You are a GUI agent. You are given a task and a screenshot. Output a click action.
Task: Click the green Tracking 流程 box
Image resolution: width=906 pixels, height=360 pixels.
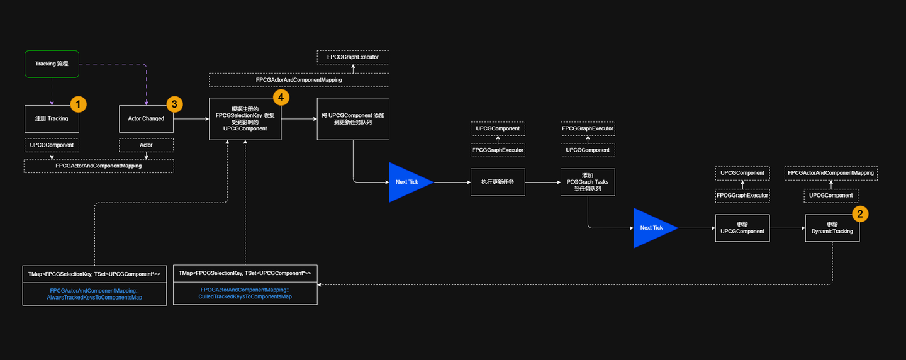point(52,64)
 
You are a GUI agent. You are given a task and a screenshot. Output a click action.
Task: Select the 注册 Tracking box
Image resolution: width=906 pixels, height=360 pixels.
point(52,118)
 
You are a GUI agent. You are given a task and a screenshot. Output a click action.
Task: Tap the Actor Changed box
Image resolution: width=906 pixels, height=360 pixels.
point(146,118)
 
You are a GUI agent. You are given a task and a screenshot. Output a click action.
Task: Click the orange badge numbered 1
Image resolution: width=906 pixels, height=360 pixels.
point(77,104)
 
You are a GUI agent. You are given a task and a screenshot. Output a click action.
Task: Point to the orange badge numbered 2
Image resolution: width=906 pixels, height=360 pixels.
point(860,214)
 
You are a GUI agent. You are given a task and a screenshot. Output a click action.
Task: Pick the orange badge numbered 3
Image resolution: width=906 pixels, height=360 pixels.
point(174,104)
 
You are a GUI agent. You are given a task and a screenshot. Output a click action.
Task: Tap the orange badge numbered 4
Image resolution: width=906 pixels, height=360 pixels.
point(281,97)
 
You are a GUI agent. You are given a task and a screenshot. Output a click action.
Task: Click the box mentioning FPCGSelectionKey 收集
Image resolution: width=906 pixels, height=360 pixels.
point(245,119)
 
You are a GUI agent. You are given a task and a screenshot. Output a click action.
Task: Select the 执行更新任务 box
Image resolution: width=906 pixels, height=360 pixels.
point(498,182)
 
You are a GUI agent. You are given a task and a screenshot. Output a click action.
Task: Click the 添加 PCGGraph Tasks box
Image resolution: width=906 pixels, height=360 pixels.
point(588,182)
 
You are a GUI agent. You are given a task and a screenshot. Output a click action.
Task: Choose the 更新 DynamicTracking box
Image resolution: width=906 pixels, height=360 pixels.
point(832,228)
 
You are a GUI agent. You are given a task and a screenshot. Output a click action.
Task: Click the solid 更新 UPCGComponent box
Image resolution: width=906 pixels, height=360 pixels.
point(742,228)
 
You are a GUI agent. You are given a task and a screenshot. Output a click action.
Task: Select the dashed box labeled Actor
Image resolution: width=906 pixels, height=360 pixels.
point(146,145)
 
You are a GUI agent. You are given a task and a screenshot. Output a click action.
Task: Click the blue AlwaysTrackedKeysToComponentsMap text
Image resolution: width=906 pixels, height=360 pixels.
point(94,294)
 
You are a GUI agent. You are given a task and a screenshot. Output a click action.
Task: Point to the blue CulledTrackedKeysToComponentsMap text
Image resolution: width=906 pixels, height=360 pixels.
point(245,293)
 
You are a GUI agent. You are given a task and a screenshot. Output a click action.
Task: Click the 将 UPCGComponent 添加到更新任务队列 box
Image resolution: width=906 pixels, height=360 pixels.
point(353,119)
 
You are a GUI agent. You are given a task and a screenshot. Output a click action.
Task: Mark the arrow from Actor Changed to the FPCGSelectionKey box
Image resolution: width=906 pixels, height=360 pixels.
point(191,118)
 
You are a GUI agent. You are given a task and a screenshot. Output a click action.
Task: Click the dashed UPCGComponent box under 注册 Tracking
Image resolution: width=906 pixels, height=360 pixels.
point(52,145)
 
